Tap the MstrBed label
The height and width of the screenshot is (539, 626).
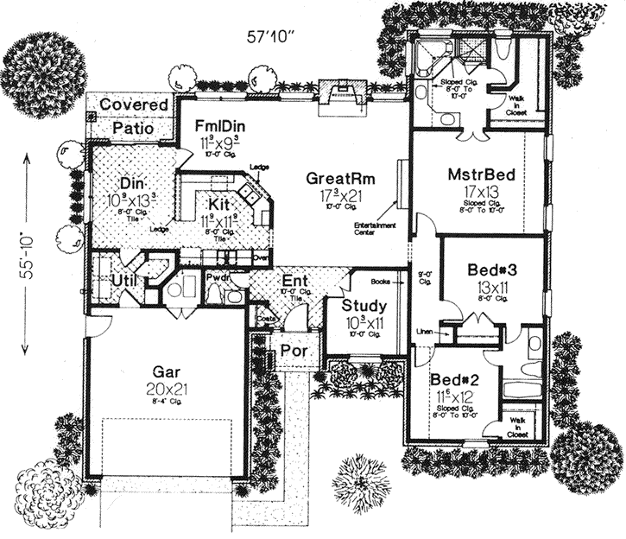click(481, 175)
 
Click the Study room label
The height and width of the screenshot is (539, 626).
click(364, 306)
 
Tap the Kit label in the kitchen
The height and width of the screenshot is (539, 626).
click(218, 205)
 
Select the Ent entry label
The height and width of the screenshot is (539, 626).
click(294, 280)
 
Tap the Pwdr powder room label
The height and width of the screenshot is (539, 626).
click(217, 276)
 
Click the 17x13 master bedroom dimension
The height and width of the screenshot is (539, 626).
click(481, 193)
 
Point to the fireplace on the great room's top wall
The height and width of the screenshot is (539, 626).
click(338, 90)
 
